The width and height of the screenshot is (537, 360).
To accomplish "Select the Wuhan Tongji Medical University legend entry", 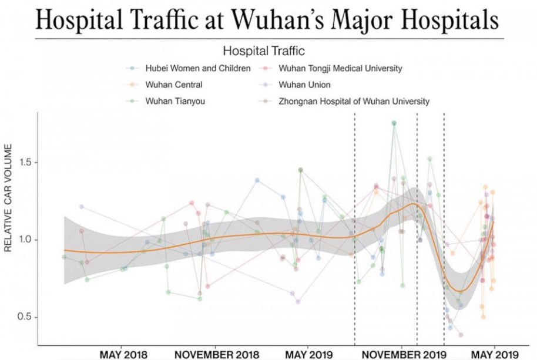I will point(341,68).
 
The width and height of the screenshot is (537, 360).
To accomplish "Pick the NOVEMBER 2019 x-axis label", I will point(402,354).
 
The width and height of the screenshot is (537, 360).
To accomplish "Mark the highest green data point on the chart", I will point(394,123).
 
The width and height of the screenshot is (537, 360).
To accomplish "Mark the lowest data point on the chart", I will point(461,335).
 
